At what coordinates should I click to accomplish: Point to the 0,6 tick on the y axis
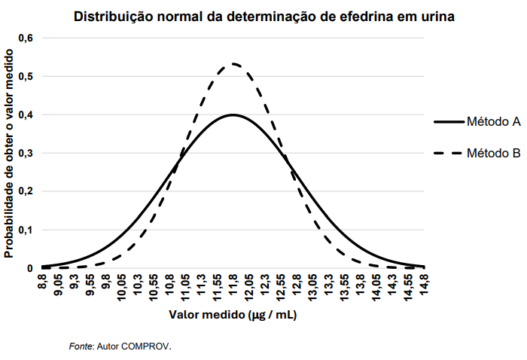pyautogui.click(x=26, y=38)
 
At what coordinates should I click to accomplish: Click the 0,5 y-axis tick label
pyautogui.click(x=26, y=76)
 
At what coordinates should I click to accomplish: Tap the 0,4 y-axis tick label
pyautogui.click(x=26, y=114)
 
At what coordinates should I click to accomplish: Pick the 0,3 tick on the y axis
pyautogui.click(x=26, y=153)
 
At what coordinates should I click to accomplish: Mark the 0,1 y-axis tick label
pyautogui.click(x=26, y=230)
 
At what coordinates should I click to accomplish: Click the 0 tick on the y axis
pyautogui.click(x=30, y=268)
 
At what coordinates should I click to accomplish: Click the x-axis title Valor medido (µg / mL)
pyautogui.click(x=233, y=315)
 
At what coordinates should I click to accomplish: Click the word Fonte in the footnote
pyautogui.click(x=81, y=346)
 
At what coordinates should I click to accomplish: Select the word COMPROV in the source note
pyautogui.click(x=148, y=346)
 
